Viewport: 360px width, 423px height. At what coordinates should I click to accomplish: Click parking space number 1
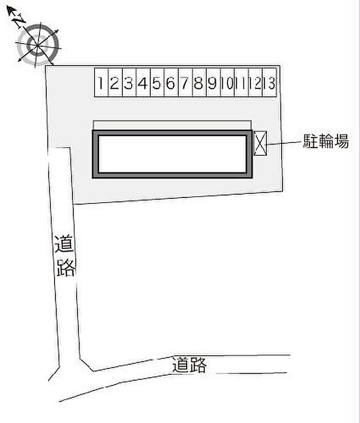point(101,82)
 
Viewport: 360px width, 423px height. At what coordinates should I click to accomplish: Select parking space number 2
point(115,82)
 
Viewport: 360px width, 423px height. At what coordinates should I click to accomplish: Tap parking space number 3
point(129,82)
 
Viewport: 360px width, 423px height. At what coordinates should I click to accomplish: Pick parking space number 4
point(143,82)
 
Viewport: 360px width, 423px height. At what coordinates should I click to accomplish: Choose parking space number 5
point(157,82)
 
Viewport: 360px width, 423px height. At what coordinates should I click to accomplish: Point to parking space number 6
point(171,82)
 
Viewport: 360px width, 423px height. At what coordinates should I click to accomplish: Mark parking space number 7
point(185,82)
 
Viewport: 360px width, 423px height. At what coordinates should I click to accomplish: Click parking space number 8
point(200,82)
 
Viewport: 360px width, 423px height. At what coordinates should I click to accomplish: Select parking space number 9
point(213,82)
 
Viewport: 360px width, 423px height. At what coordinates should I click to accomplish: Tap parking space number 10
point(227,82)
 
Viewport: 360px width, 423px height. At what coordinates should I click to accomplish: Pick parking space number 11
point(242,82)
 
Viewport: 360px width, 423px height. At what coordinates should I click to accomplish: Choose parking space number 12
point(256,82)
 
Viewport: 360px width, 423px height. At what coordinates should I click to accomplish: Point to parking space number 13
point(269,82)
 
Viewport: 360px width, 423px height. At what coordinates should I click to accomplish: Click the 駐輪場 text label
point(326,141)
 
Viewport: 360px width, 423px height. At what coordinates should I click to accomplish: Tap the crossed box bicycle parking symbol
point(260,143)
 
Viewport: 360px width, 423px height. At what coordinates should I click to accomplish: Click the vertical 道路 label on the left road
point(65,256)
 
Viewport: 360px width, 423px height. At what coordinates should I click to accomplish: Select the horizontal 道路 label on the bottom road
point(189,365)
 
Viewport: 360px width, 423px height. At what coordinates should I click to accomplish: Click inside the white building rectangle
point(172,154)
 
